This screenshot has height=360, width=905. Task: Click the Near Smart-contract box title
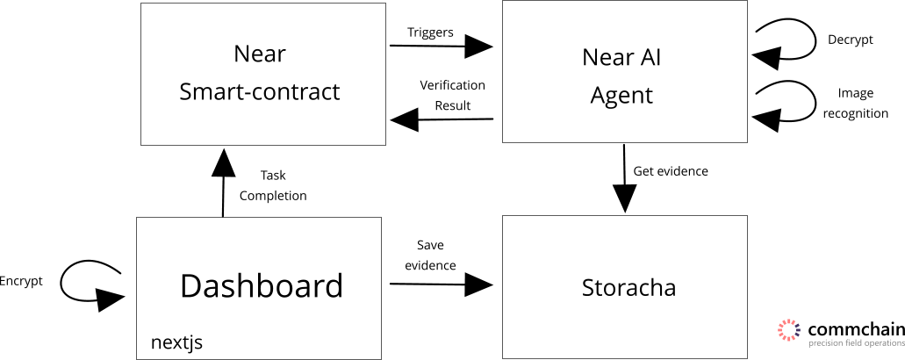[x=260, y=73]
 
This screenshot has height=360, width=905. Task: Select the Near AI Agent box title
[x=621, y=76]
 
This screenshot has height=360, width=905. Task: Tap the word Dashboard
[x=261, y=286]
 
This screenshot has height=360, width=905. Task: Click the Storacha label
[x=628, y=288]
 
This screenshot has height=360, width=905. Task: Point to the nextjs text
[x=176, y=342]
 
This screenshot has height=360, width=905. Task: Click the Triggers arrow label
[x=430, y=32]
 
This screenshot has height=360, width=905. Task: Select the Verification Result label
[x=452, y=95]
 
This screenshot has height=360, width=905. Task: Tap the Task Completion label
[x=273, y=185]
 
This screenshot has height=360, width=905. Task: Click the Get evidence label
[x=671, y=171]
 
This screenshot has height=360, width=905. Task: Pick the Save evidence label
[x=430, y=255]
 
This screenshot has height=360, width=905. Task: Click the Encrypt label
[x=20, y=280]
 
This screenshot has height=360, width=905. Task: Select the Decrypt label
[x=850, y=40]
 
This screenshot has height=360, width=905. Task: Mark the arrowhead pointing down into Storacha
[x=625, y=199]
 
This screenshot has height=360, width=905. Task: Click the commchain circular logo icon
[x=789, y=329]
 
